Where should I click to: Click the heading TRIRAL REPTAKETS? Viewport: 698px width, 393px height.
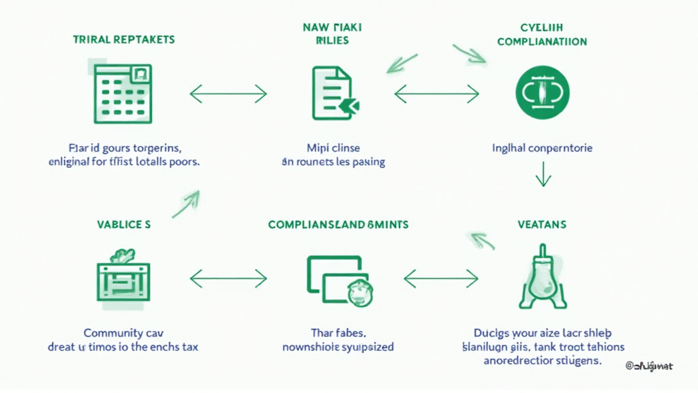(x=123, y=40)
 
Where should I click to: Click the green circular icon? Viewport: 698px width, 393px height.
(x=543, y=93)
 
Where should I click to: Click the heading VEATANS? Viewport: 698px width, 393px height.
(x=542, y=224)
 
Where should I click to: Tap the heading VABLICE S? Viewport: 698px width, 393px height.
(x=123, y=224)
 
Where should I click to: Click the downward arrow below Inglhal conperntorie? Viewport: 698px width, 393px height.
(x=543, y=175)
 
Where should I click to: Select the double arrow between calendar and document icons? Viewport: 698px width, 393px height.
(x=228, y=93)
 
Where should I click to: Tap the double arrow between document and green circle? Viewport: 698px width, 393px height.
(x=437, y=93)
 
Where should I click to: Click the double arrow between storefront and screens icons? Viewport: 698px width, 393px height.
(x=228, y=278)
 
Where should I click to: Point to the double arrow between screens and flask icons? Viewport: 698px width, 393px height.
(x=441, y=278)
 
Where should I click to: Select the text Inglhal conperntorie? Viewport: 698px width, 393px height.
(x=543, y=147)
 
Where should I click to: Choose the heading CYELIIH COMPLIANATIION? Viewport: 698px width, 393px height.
(x=543, y=35)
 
